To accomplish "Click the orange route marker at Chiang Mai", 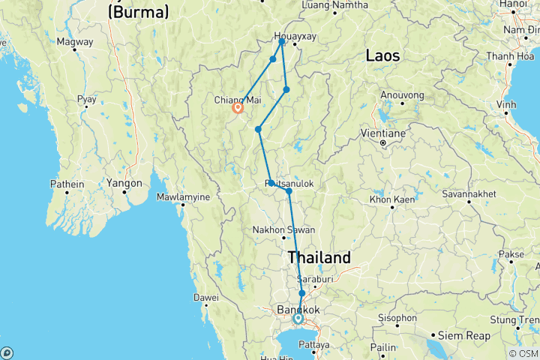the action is tap(238, 108).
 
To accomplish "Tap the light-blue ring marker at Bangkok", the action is tap(298, 319).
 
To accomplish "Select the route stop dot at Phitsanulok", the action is tap(289, 191).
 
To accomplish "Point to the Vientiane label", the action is tap(383, 130).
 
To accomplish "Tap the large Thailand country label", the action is tap(319, 258).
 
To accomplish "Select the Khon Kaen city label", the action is tap(391, 200).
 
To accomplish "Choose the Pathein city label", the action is tap(67, 183).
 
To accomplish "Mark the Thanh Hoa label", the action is tap(510, 56).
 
